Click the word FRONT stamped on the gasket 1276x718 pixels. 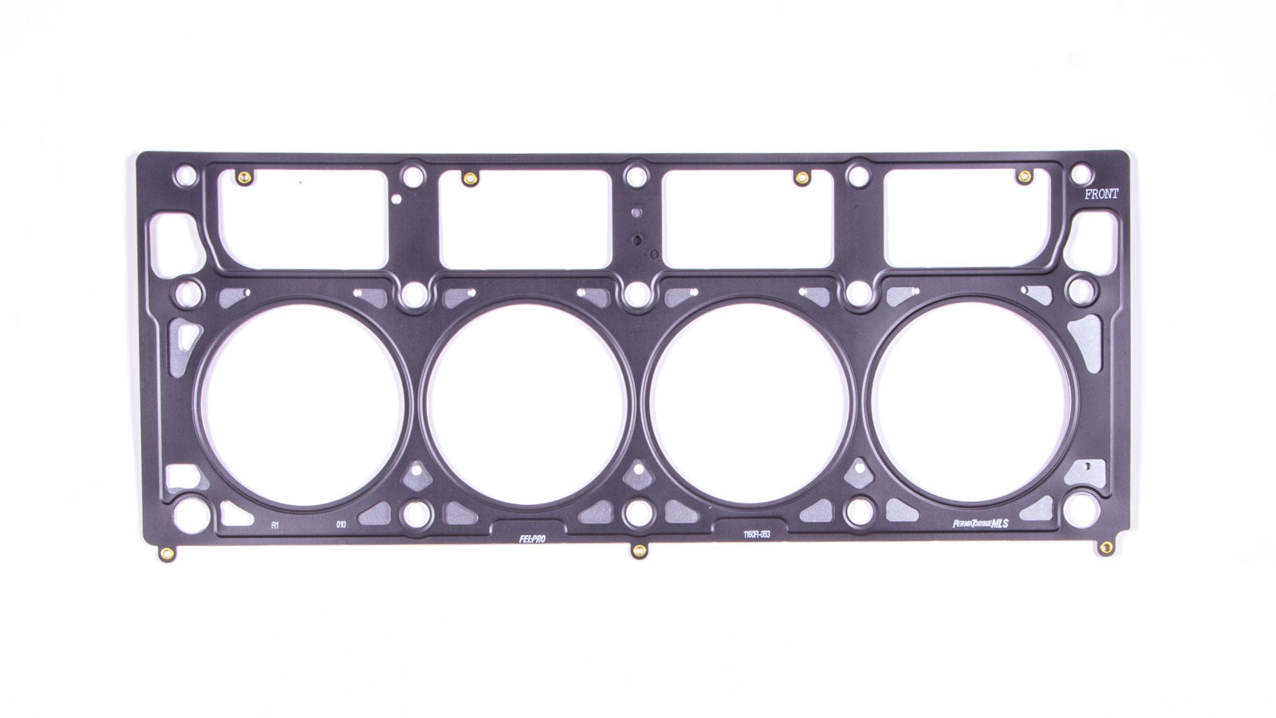click(x=1102, y=193)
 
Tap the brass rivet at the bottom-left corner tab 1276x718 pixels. click(x=165, y=553)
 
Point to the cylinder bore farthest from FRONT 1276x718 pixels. click(x=302, y=399)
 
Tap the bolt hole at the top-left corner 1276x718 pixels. click(x=186, y=172)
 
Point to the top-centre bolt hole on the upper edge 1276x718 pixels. click(x=634, y=172)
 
